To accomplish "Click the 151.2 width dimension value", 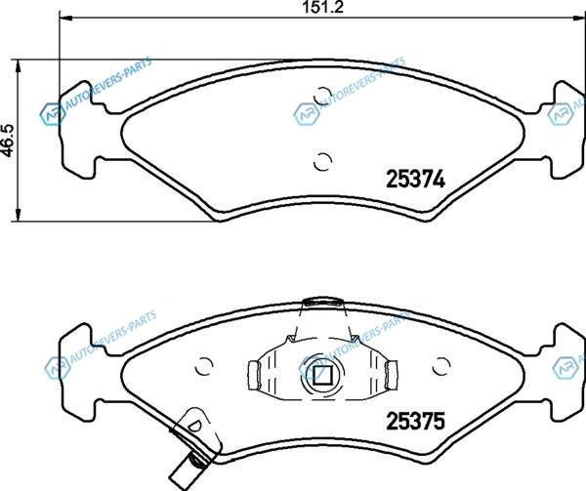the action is coord(323,7).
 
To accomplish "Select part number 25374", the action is coord(415,179).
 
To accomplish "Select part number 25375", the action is coord(415,421).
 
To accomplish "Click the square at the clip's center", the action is coord(321,375).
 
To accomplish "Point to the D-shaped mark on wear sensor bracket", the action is coord(194,425).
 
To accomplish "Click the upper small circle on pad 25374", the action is coord(322,96).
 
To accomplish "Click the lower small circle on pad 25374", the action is coord(322,162).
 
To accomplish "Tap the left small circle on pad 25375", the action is coord(204,366).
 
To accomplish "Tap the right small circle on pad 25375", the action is coord(441,366).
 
